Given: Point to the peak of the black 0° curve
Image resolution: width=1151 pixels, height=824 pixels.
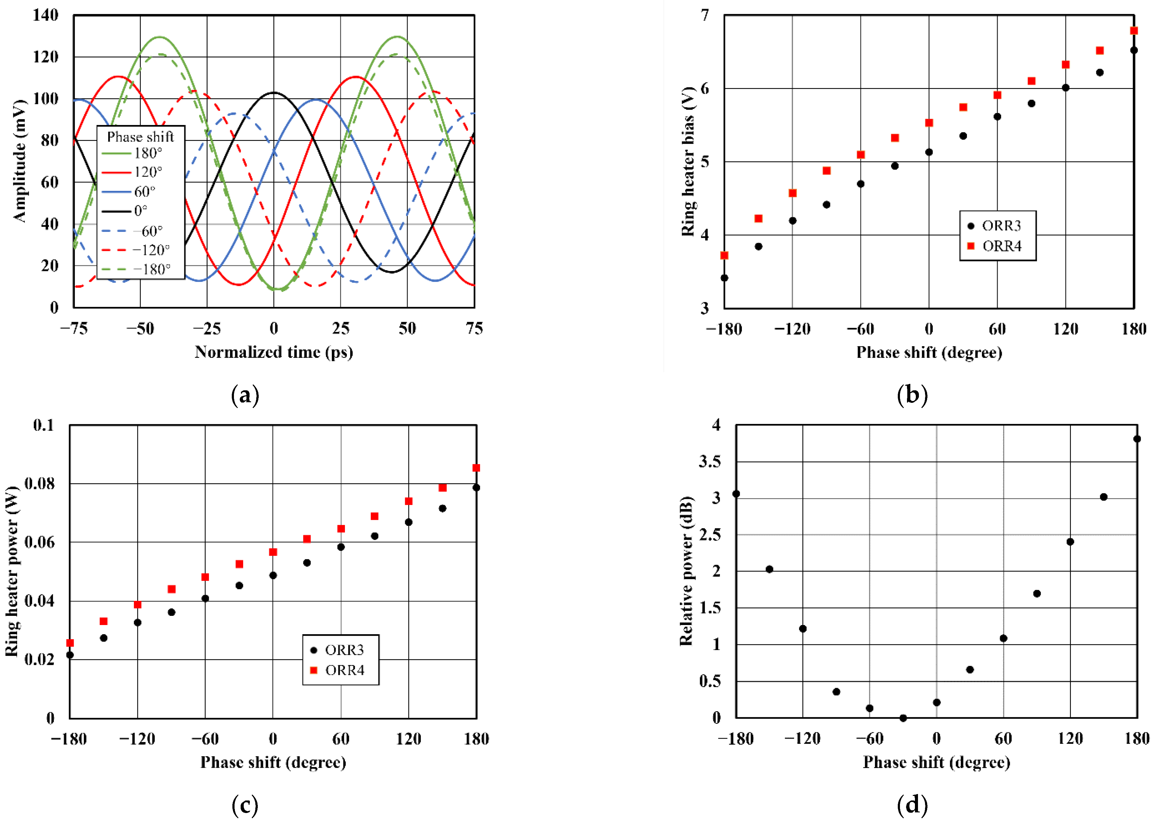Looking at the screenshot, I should click(274, 92).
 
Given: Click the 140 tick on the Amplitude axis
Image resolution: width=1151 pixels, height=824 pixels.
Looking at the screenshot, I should click(45, 15).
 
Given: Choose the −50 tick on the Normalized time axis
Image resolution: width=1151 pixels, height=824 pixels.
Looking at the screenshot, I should click(140, 329).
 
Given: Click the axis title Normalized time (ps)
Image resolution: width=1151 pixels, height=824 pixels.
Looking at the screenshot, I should click(274, 352).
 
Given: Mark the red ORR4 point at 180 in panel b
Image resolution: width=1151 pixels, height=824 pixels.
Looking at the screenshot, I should click(1134, 31).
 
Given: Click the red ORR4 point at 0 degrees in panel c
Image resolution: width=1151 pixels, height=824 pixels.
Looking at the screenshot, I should click(273, 552).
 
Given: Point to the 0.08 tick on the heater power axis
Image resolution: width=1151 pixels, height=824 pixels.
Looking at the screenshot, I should click(39, 484).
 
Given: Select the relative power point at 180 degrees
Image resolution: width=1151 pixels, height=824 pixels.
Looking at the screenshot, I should click(1137, 439).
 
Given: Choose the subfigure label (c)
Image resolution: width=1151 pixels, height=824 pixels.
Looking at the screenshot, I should click(245, 805).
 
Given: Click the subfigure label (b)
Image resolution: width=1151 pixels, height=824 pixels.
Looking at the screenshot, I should click(912, 395).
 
